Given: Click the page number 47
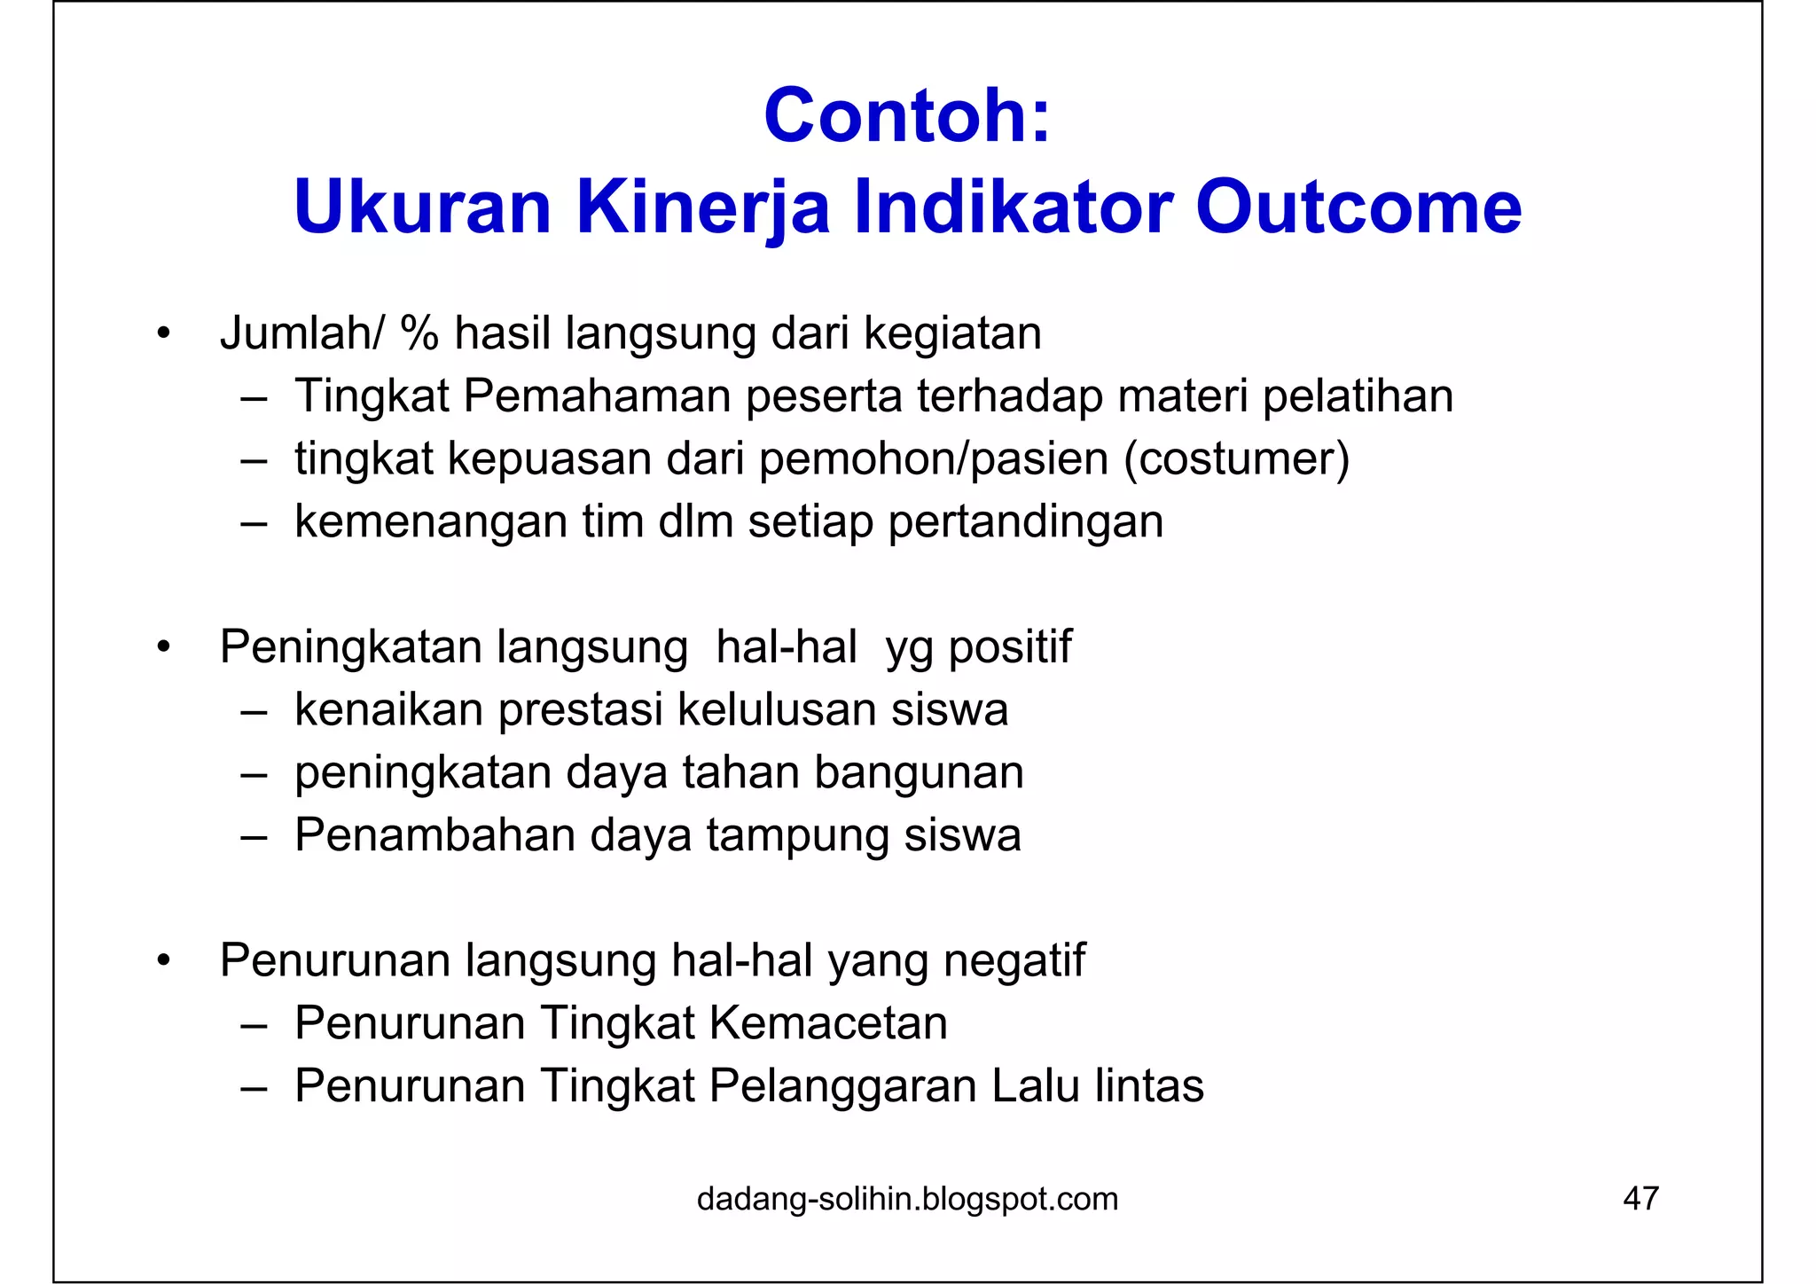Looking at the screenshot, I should pyautogui.click(x=1640, y=1199).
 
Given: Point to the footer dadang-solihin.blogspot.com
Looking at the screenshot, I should pyautogui.click(x=907, y=1199).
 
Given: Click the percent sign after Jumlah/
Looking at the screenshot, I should pyautogui.click(x=419, y=334).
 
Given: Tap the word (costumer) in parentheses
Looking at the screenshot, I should pyautogui.click(x=1236, y=459).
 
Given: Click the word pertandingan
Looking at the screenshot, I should pyautogui.click(x=1025, y=521).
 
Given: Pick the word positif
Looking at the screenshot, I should pyautogui.click(x=1010, y=647).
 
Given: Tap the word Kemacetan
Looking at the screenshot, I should pyautogui.click(x=828, y=1023).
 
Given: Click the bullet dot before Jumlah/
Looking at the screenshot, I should pyautogui.click(x=161, y=335).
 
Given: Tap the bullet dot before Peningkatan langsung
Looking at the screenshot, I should pyautogui.click(x=161, y=648).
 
